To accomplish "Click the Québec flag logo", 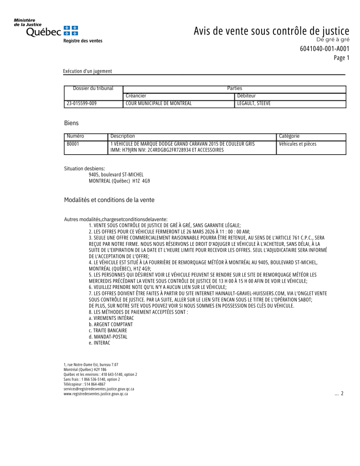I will (x=71, y=30).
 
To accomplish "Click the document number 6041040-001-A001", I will (x=325, y=49).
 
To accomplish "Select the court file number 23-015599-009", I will (x=81, y=104).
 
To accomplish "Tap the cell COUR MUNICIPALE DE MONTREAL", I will (x=158, y=104).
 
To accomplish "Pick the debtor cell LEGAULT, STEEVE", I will (x=254, y=104).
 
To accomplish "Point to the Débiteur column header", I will (x=247, y=96).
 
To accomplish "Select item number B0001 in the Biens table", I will (x=73, y=144).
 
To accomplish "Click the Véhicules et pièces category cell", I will (x=297, y=144).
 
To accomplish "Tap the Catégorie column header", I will (x=289, y=136).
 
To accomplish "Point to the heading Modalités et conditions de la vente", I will (x=106, y=200).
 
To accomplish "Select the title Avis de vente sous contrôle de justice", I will (x=271, y=31).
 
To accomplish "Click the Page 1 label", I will (x=341, y=58).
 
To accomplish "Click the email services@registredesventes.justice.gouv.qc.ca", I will (x=99, y=389).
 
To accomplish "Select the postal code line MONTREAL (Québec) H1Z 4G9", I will (x=119, y=181).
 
